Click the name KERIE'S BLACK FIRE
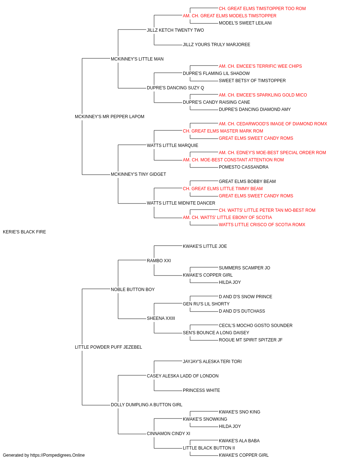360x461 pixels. pos(24,232)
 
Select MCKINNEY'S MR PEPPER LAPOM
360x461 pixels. pos(109,117)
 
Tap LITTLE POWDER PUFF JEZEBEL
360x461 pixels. pos(108,347)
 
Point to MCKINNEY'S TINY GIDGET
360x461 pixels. pos(138,174)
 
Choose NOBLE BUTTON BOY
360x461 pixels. pos(132,289)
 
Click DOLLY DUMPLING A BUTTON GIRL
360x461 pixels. pos(147,404)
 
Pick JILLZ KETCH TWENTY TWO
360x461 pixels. pos(175,30)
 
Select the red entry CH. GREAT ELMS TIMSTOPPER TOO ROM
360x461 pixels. pos(262,9)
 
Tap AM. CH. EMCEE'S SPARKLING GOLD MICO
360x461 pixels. pos(263,95)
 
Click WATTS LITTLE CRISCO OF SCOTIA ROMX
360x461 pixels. pos(262,225)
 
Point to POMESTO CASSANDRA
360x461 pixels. pos(244,167)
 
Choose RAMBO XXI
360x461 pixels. pos(159,260)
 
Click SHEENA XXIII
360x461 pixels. pos(161,318)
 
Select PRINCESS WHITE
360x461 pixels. pos(201,390)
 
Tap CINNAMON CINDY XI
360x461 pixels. pos(168,433)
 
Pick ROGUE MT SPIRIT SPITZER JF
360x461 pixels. pos(251,340)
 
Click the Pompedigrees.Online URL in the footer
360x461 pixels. pos(58,455)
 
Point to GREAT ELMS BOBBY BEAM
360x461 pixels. pos(247,182)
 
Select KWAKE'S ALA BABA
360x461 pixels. pos(239,440)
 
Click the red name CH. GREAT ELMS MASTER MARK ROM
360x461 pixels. pos(223,131)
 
